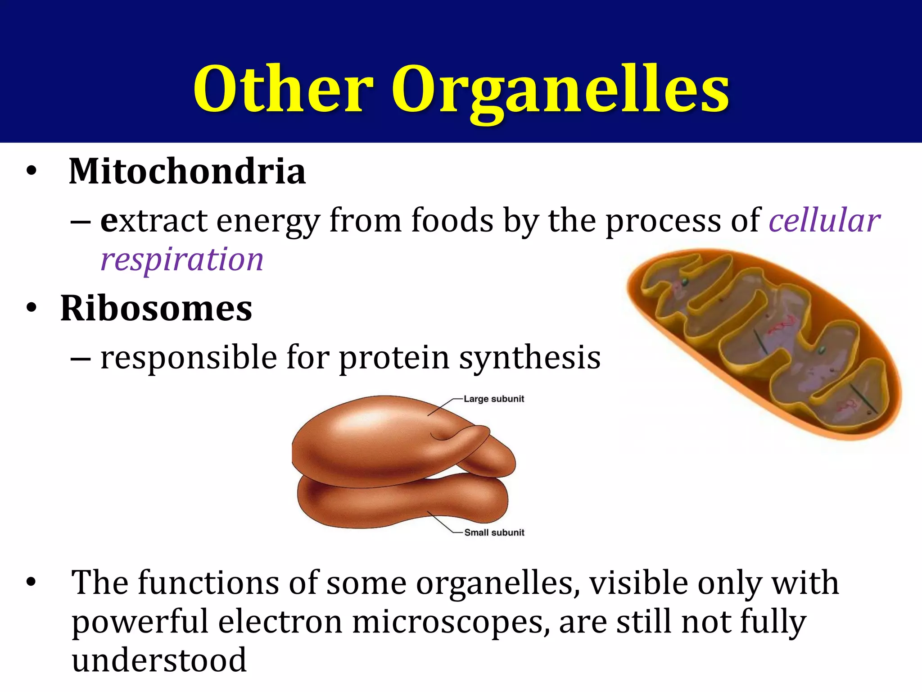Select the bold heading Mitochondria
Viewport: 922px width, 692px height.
click(187, 172)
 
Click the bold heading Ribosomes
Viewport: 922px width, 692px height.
click(156, 309)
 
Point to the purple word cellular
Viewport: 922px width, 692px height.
click(824, 220)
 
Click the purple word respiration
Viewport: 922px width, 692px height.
click(182, 259)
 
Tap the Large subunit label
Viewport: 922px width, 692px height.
click(494, 399)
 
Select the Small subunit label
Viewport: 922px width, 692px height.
click(494, 533)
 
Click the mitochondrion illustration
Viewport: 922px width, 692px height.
click(765, 345)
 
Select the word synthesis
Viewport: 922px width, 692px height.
click(529, 358)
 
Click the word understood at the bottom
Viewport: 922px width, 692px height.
click(159, 660)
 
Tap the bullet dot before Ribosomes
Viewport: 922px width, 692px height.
click(31, 309)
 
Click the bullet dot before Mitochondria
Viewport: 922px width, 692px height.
click(31, 172)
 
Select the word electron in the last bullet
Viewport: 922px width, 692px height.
click(280, 622)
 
